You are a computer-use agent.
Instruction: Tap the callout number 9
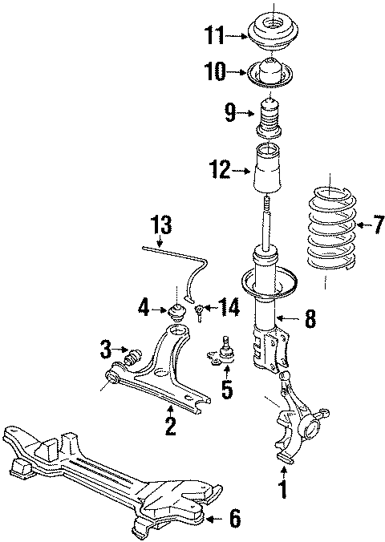[x=230, y=112]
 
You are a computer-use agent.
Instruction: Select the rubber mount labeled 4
[x=176, y=311]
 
